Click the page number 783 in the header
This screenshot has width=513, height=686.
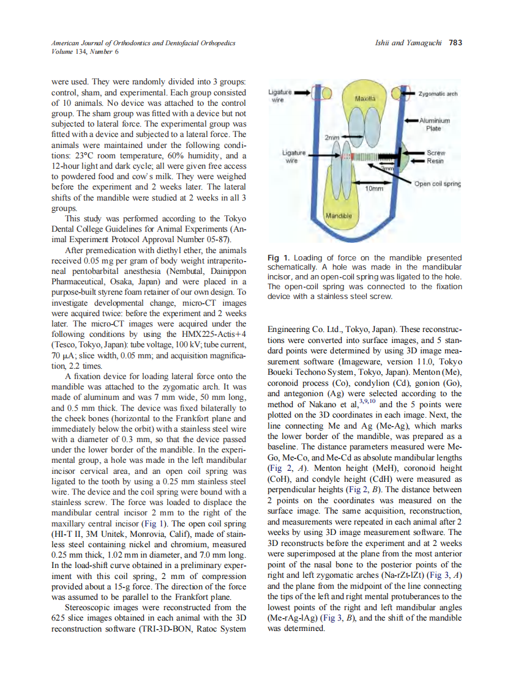coord(455,43)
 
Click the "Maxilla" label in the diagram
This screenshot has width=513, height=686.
coord(367,98)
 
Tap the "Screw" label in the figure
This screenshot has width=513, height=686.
coord(436,153)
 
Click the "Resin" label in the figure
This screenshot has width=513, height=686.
coord(435,161)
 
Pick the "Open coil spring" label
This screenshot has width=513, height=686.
coord(437,183)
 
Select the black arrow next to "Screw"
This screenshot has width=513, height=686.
coord(416,153)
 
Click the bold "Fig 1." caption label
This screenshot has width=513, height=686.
coord(279,258)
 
